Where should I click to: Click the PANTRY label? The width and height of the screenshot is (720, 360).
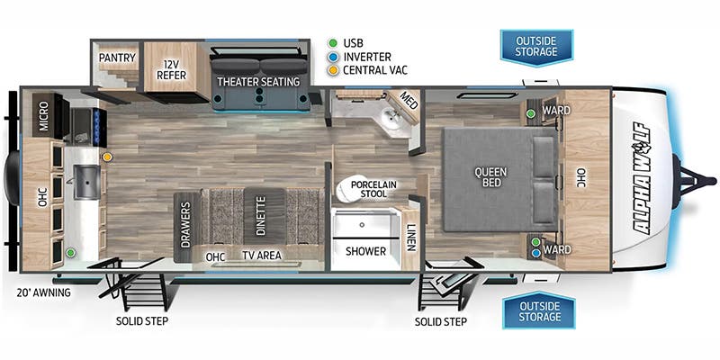118,58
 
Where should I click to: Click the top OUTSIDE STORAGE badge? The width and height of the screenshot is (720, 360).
537,45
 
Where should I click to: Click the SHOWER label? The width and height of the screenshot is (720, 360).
366,251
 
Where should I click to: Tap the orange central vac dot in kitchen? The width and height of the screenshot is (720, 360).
107,157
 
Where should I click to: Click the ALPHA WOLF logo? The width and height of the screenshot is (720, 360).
642,178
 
